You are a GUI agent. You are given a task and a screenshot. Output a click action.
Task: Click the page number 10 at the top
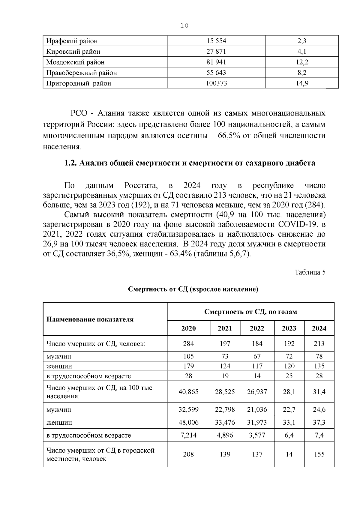pos(184,26)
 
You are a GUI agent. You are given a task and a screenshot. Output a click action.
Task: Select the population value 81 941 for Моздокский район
pos(216,62)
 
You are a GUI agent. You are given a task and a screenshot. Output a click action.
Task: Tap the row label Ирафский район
pos(72,41)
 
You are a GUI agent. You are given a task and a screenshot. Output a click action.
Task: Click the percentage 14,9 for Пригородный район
pos(302,83)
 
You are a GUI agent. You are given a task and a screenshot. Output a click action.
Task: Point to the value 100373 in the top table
pos(216,83)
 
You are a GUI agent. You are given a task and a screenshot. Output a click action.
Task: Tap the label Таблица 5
pos(310,272)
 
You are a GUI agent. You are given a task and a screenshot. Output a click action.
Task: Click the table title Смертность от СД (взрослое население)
pos(193,289)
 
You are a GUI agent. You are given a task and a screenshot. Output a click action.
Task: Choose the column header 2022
pos(257,328)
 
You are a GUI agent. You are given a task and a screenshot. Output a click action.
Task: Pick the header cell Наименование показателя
pos(90,319)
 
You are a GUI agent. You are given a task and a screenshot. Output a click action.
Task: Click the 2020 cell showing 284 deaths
pos(188,343)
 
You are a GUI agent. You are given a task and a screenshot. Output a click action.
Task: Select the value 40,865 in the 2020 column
pos(188,391)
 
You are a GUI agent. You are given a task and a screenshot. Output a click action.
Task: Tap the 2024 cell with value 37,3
pos(319,422)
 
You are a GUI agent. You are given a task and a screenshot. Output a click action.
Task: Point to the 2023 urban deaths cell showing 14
pos(289,454)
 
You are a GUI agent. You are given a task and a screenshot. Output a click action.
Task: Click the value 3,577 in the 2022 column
pos(257,435)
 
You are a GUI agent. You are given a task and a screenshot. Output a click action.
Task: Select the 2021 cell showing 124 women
pos(225,366)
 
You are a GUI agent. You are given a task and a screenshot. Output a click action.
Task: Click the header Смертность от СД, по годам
pos(250,311)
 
